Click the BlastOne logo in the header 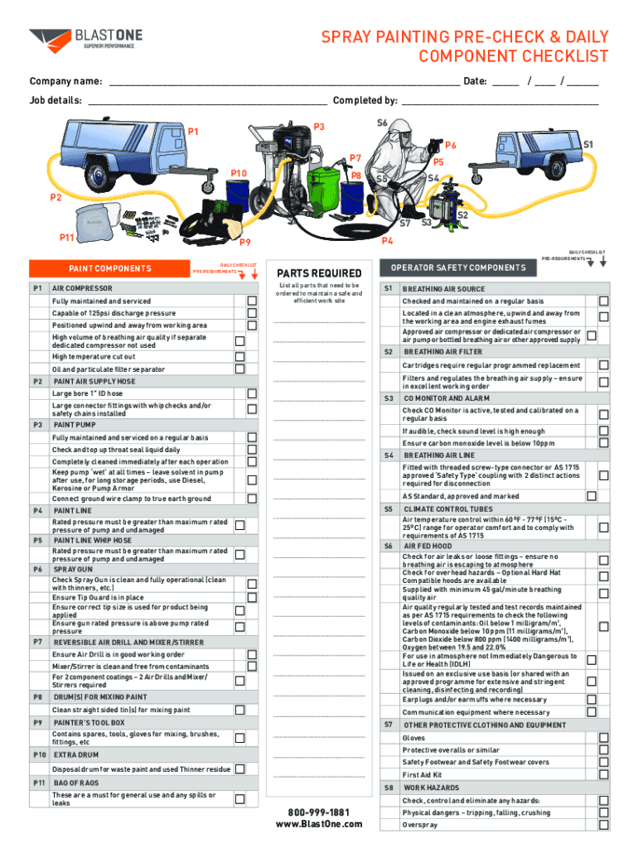click(85, 41)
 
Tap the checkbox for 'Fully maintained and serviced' click(252, 301)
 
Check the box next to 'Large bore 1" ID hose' click(252, 393)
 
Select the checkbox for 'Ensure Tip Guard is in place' click(252, 597)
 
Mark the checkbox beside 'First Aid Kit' click(604, 774)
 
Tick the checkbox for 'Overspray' click(604, 825)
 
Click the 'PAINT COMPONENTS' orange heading click(110, 269)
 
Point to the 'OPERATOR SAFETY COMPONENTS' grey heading click(458, 267)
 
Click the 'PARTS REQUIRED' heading click(319, 273)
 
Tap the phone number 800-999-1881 click(319, 812)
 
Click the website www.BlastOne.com click(319, 824)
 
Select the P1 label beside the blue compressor click(193, 132)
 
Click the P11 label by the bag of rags click(66, 238)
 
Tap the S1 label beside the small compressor click(588, 144)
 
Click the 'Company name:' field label click(65, 81)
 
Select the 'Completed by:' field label click(365, 100)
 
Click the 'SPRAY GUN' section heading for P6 click(73, 570)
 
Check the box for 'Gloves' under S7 click(604, 738)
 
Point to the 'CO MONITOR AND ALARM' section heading click(447, 398)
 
